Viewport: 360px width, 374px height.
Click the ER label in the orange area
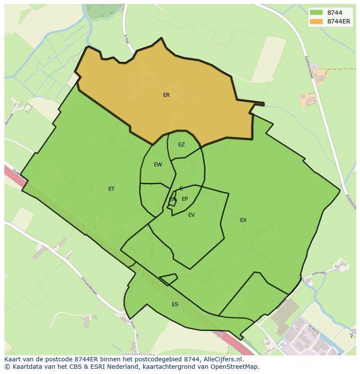(x=166, y=95)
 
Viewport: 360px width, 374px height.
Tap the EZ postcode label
(x=181, y=145)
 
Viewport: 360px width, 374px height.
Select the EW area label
(x=158, y=165)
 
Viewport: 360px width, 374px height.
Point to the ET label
(x=111, y=189)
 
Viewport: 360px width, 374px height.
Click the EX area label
(x=243, y=220)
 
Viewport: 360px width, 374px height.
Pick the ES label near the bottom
(x=175, y=304)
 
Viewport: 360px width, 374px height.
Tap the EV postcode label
(x=191, y=215)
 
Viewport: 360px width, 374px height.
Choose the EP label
(x=185, y=199)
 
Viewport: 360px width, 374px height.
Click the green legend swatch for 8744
(x=316, y=12)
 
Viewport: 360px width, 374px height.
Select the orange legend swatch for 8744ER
(x=316, y=21)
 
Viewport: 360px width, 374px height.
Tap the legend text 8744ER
(x=339, y=21)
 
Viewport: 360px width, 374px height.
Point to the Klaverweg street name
(x=319, y=274)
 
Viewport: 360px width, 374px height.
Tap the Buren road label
(x=133, y=323)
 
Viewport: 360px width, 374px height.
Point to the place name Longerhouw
(x=137, y=354)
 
